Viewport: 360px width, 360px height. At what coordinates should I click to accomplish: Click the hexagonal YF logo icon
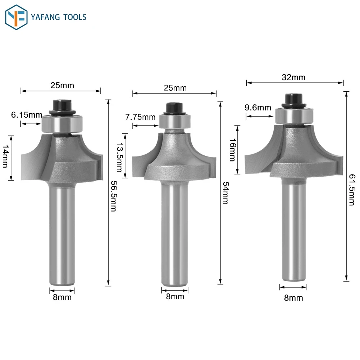pyautogui.click(x=16, y=17)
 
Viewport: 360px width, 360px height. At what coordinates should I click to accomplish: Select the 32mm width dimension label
pyautogui.click(x=294, y=78)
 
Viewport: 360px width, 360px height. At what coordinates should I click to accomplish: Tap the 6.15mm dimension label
pyautogui.click(x=27, y=115)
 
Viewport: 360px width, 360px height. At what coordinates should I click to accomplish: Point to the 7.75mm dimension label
pyautogui.click(x=140, y=117)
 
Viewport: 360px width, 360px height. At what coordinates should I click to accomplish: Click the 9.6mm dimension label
pyautogui.click(x=258, y=108)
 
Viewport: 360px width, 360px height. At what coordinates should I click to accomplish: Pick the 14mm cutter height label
pyautogui.click(x=5, y=156)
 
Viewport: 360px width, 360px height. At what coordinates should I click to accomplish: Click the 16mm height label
pyautogui.click(x=233, y=150)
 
